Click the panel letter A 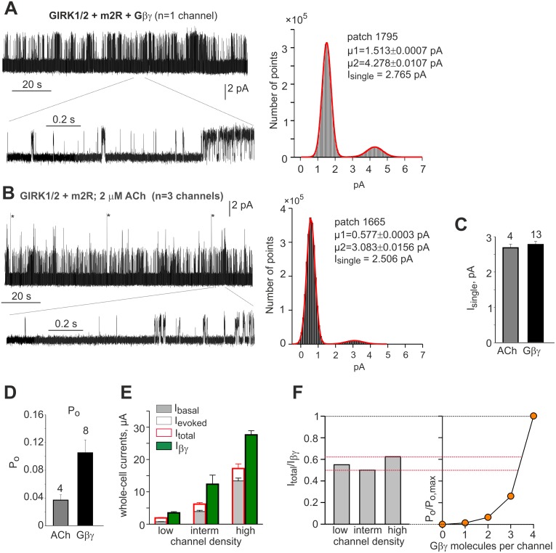coord(10,9)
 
